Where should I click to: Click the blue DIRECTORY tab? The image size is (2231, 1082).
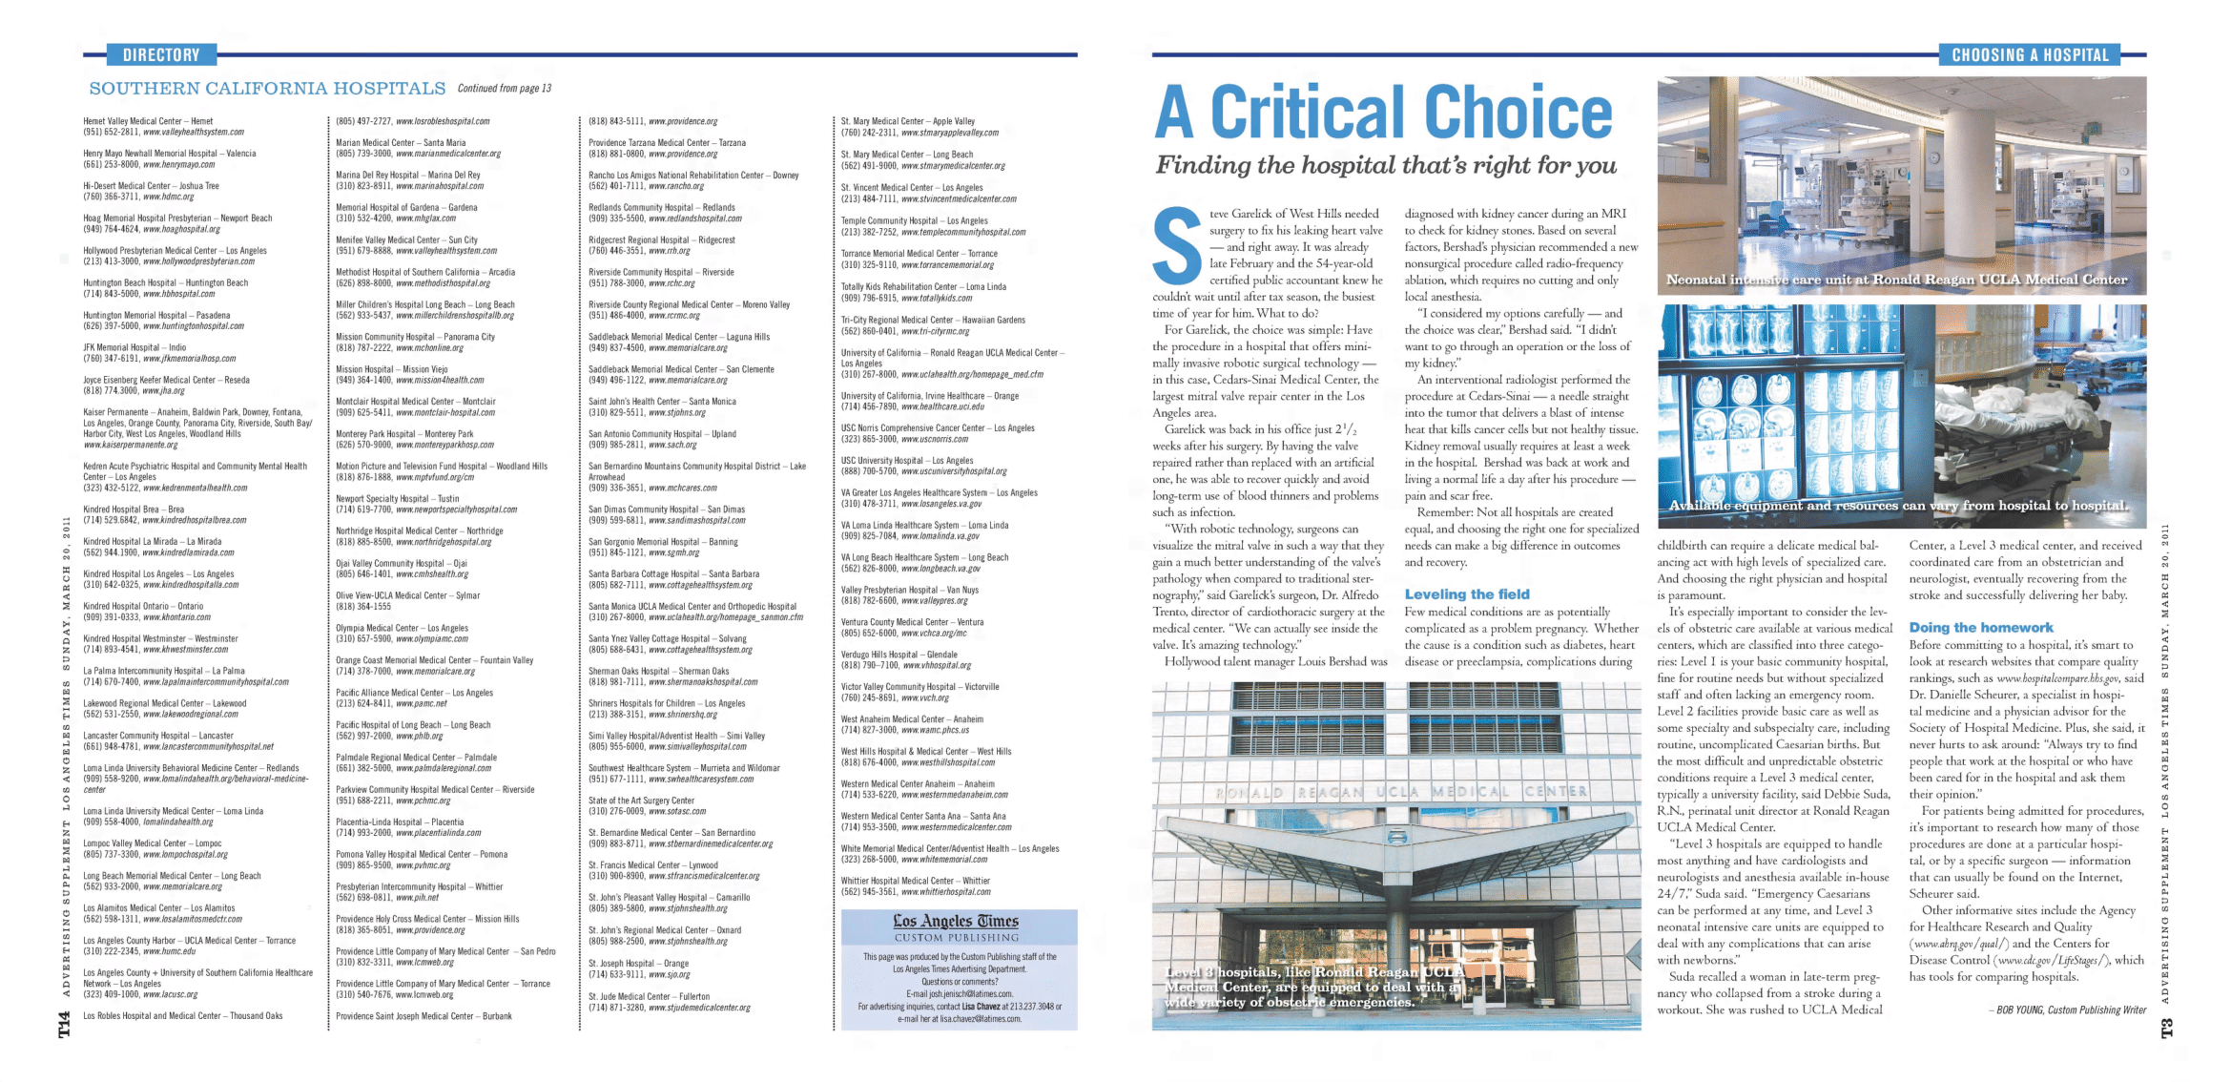point(161,55)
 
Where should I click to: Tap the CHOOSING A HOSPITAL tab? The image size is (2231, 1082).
point(2030,55)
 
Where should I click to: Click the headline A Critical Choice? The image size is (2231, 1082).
point(1383,113)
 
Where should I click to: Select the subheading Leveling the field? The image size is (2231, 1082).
point(1466,594)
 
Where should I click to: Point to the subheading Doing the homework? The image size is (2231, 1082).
point(1980,628)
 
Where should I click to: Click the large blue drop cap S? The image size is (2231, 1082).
point(1177,247)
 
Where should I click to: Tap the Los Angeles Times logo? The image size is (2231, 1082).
point(956,922)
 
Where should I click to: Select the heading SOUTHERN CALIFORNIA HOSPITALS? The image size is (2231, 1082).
point(267,89)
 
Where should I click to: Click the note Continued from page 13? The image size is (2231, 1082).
point(504,89)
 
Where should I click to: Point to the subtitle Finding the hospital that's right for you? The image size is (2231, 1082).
point(1386,166)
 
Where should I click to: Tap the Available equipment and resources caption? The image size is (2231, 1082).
point(1898,506)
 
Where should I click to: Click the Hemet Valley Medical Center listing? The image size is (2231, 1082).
point(148,122)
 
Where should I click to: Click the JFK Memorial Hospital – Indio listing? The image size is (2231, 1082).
point(134,348)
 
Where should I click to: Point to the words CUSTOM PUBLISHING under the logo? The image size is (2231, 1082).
point(956,938)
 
